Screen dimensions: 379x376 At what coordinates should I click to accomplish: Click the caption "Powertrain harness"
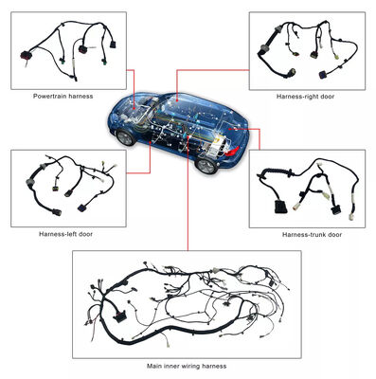click(x=63, y=96)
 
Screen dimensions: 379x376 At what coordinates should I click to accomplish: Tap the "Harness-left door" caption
click(x=65, y=232)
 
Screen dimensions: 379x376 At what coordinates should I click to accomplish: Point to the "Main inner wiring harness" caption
click(x=187, y=365)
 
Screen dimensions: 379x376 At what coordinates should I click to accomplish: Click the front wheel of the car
click(x=125, y=136)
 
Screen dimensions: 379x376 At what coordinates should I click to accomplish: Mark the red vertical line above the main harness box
click(x=187, y=218)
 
